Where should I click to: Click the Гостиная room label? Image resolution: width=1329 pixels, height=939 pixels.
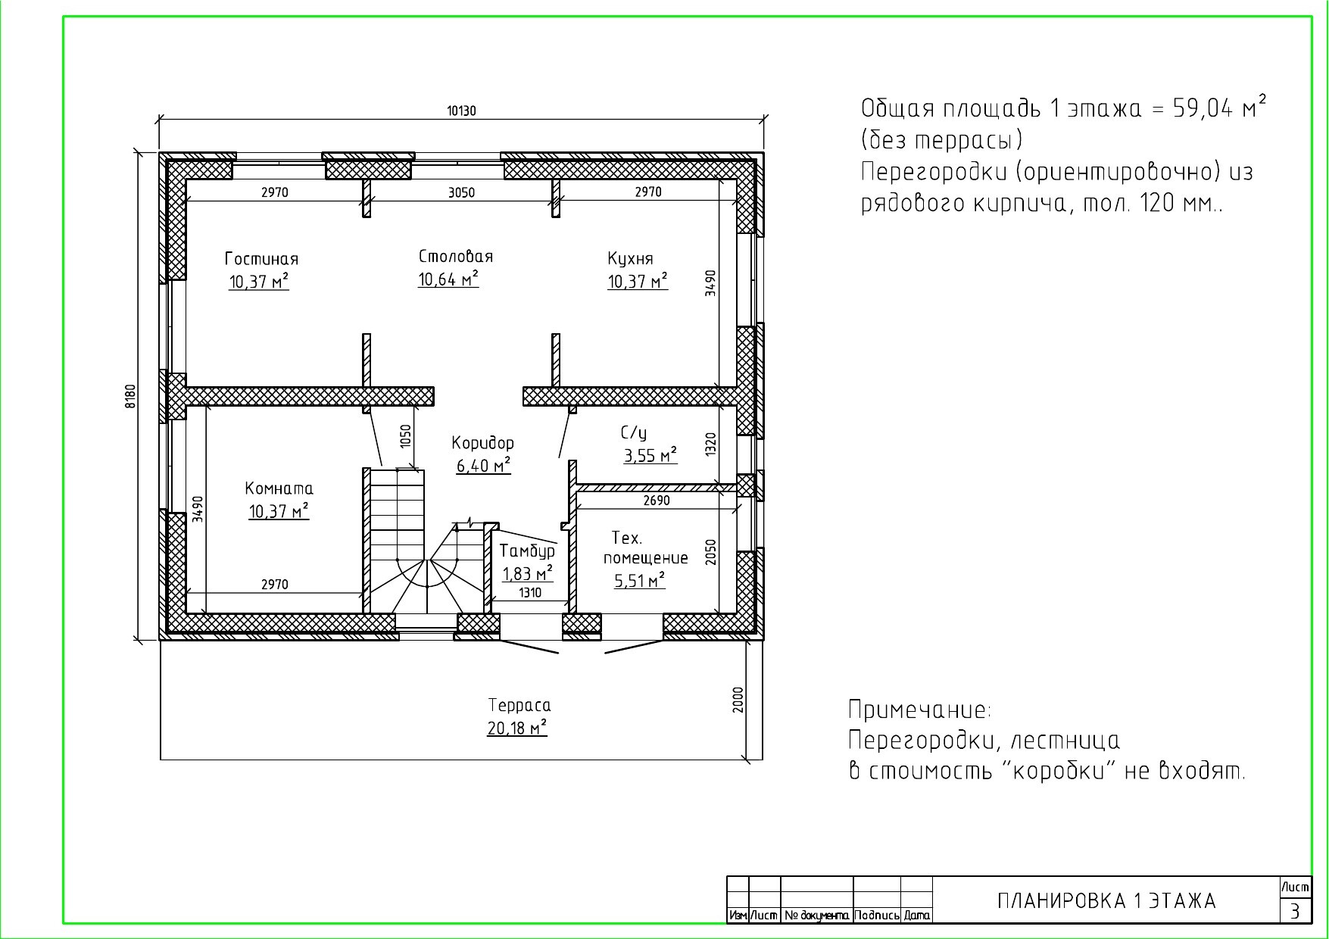coord(261,259)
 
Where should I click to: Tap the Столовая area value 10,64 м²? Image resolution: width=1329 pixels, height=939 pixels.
coord(448,279)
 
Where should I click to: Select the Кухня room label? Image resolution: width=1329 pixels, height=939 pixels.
coord(630,259)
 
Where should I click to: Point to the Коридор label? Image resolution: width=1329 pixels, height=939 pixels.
coord(483,443)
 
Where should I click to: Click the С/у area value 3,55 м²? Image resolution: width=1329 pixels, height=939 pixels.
coord(650,456)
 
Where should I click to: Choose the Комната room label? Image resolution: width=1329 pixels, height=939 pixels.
coord(279,488)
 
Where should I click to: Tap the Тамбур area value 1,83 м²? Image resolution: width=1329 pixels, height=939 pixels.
coord(528,573)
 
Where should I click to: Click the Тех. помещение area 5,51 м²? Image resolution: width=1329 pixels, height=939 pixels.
coord(640,581)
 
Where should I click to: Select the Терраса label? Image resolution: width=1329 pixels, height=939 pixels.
coord(519,706)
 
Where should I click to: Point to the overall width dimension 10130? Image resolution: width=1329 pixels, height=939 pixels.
coord(461,111)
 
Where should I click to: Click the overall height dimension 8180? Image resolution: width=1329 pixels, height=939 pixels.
coord(130,396)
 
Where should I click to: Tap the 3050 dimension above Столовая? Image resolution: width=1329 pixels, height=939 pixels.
coord(461,192)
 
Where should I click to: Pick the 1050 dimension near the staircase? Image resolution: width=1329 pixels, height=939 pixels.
coord(406,436)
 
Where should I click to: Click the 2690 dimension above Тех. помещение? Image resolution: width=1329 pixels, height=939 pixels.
coord(657,501)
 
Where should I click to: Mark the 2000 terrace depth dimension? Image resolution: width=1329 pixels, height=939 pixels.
coord(738,699)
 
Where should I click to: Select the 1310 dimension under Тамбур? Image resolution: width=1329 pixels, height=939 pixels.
coord(530,593)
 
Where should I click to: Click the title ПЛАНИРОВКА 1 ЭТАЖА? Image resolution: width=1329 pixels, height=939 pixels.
coord(1106,901)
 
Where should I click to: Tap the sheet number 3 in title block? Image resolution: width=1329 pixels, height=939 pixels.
coord(1296,911)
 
